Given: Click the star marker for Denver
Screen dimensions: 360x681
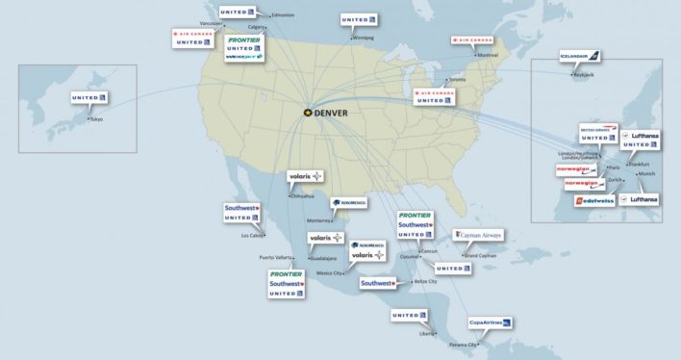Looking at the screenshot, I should (308, 112).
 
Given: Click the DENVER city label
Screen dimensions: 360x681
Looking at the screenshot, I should (331, 112).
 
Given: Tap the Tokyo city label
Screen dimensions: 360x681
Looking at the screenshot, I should (95, 118).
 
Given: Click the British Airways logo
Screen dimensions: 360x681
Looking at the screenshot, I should (596, 127).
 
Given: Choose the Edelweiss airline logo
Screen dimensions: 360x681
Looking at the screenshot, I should (593, 200).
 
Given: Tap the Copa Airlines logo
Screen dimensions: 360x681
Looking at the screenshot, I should (489, 322).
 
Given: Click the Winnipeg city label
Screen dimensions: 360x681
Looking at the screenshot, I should (362, 38).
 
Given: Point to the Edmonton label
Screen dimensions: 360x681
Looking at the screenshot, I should (283, 15).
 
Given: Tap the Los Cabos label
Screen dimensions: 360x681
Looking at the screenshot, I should (252, 235).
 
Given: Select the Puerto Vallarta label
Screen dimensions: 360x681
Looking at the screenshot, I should (275, 258).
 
